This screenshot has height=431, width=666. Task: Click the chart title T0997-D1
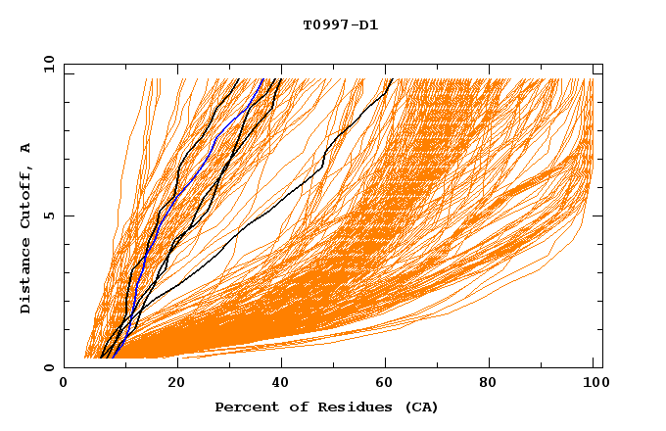coord(340,25)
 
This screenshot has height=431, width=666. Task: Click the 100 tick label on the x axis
coord(593,384)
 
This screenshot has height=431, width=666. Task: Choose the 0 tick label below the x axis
coord(65,384)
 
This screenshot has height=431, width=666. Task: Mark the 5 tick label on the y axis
coord(48,215)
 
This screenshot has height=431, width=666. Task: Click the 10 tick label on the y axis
coord(45,64)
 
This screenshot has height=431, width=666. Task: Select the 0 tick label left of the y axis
coord(48,367)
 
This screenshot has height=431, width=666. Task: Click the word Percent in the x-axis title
coord(245,407)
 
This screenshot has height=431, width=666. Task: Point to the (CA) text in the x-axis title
coord(420,407)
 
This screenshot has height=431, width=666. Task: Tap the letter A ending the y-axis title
coord(26,147)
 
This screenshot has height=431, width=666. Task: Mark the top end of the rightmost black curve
coord(391,80)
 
